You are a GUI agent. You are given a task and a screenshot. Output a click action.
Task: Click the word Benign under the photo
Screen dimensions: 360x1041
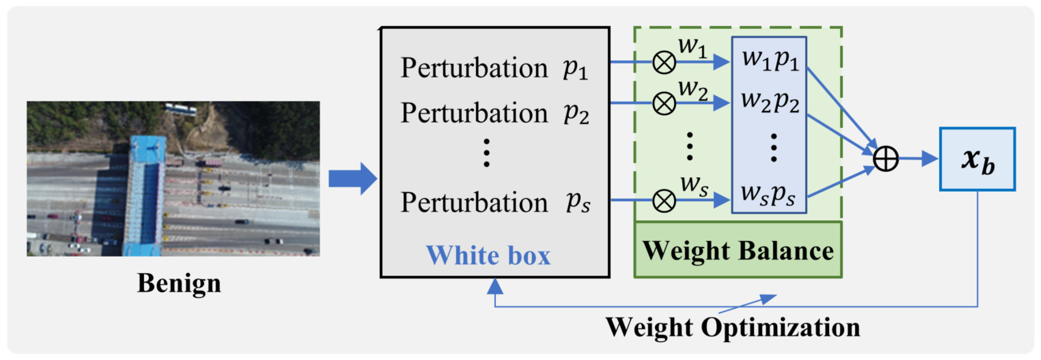(179, 283)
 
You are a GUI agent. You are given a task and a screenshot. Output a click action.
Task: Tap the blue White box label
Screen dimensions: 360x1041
(488, 256)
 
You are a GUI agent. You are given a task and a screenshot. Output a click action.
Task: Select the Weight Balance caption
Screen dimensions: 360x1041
(738, 251)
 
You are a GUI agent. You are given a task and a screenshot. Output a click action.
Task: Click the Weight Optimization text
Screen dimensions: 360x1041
(733, 327)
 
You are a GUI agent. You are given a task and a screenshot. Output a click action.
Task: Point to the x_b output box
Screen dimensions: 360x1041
(977, 159)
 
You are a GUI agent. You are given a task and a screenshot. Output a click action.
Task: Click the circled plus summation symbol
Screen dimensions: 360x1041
(885, 159)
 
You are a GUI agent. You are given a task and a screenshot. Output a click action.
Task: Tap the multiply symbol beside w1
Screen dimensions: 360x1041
(664, 63)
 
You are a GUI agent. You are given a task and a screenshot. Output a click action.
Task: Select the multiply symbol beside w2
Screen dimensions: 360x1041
(664, 103)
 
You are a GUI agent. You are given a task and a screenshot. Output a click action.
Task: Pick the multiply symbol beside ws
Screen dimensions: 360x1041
(664, 201)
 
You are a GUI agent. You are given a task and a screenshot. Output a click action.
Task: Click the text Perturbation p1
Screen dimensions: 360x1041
(494, 68)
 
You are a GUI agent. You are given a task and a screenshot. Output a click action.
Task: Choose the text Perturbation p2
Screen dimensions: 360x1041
(494, 113)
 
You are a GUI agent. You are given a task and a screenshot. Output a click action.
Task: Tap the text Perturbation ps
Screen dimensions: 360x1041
(494, 202)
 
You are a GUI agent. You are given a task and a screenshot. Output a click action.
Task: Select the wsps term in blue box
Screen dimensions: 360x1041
(768, 195)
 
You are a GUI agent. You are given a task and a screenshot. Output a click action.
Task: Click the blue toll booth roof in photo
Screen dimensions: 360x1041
(146, 194)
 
